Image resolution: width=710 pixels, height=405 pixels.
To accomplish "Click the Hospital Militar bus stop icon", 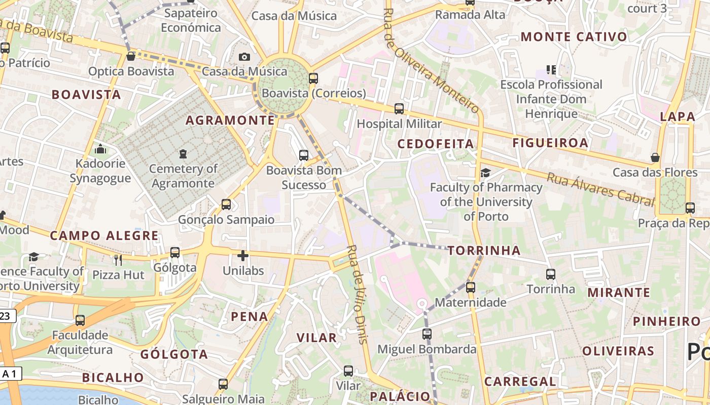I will (399, 108).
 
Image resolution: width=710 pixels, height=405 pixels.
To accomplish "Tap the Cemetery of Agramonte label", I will (183, 176).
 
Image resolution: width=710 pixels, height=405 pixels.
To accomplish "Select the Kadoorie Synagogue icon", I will (100, 149).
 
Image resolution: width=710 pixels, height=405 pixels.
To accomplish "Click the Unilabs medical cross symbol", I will (243, 256).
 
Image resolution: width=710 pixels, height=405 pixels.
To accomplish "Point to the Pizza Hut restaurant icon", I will (118, 260).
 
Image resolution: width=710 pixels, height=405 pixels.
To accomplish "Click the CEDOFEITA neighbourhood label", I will (436, 144).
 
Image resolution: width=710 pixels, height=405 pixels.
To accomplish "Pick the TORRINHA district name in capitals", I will (484, 250).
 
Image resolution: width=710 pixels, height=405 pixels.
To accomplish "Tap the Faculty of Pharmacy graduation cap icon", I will (485, 173).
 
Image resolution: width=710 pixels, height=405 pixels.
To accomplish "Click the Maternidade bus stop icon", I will (471, 288).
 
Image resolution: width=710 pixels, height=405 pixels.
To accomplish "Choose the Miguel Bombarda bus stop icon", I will (427, 334).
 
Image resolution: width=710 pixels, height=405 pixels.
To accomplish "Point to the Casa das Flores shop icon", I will (655, 157).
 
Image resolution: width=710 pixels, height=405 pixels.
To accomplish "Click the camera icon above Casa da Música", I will (244, 57).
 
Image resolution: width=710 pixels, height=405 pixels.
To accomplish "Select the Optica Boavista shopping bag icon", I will (130, 56).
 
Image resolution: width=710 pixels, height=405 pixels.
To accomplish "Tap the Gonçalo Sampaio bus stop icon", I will (226, 205).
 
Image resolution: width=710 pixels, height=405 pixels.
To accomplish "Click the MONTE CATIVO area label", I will (574, 36).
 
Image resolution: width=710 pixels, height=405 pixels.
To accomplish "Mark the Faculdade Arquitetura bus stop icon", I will (80, 320).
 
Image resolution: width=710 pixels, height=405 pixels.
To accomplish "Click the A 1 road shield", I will (9, 374).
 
